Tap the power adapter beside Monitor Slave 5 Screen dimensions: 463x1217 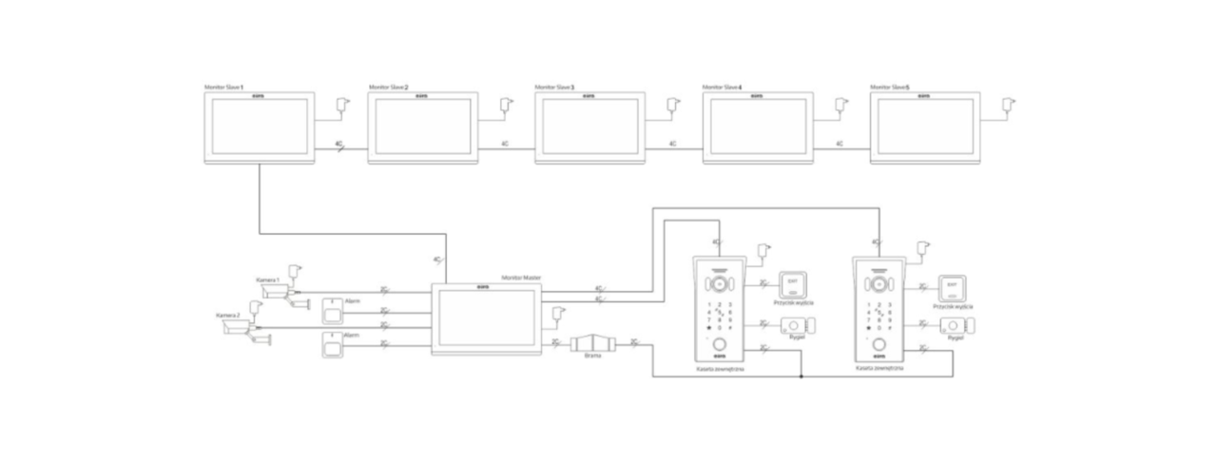click(1010, 102)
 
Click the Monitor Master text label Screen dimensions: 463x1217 click(521, 276)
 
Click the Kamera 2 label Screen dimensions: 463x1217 click(228, 315)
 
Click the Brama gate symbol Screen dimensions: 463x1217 click(592, 344)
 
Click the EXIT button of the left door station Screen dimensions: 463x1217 click(792, 284)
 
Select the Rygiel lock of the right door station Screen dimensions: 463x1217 click(956, 326)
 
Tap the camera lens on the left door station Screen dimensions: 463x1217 click(720, 285)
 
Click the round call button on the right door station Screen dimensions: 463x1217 click(880, 345)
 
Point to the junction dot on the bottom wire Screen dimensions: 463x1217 click(802, 376)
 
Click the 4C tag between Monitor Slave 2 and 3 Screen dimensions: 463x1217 click(505, 144)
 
